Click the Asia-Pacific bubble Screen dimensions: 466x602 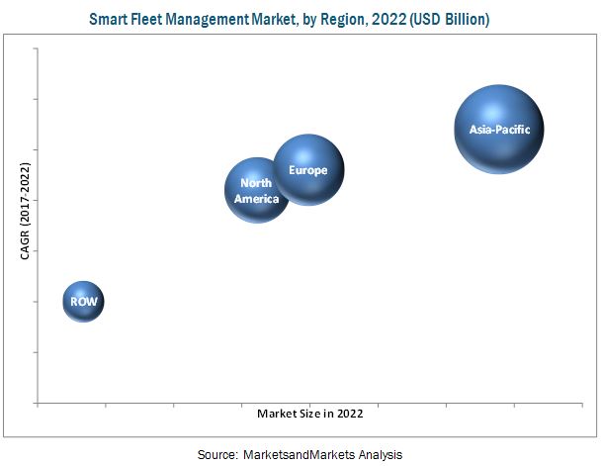[x=499, y=129]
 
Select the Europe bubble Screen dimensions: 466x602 [x=308, y=169]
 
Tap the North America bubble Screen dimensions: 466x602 [x=257, y=189]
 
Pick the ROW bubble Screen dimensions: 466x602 [x=83, y=301]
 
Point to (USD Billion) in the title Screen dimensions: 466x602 [x=454, y=19]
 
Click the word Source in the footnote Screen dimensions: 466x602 [x=216, y=454]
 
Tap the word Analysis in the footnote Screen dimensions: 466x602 [x=379, y=454]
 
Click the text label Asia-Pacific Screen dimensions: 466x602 [x=499, y=129]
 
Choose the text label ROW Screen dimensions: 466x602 [x=83, y=301]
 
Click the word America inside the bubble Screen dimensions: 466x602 [x=256, y=199]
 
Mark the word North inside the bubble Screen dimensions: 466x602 [x=256, y=183]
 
